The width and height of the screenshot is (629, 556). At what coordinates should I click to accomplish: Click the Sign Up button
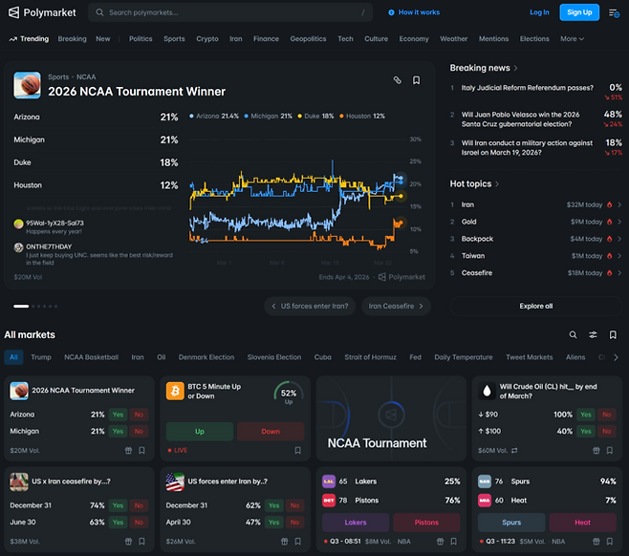click(579, 12)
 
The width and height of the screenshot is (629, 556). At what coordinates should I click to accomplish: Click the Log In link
click(539, 12)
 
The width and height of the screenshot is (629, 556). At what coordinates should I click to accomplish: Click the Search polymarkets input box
click(229, 12)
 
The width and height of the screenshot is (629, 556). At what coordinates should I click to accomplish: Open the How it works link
click(414, 12)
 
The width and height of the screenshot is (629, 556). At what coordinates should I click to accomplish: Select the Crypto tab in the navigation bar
click(206, 39)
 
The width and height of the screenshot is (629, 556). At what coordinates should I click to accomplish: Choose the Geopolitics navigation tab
click(308, 39)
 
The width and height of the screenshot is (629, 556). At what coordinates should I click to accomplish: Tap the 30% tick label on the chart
click(415, 139)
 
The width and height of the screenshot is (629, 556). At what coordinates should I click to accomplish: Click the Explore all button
click(535, 306)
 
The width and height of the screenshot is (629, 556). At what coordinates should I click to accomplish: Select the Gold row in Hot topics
click(469, 222)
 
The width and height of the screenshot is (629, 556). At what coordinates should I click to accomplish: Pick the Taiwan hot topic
click(474, 256)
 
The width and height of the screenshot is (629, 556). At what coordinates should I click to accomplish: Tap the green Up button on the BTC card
click(200, 431)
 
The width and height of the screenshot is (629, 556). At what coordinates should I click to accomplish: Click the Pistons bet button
click(426, 523)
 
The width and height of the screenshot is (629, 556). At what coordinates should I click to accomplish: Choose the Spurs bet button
click(511, 523)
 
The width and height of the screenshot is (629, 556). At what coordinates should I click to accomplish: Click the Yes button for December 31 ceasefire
click(118, 505)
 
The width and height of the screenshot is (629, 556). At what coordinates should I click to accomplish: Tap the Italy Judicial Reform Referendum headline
click(527, 87)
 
